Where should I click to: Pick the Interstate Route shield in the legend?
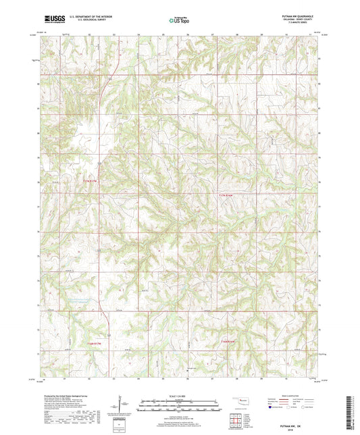[x=271, y=407]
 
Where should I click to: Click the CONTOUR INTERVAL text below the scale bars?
[x=180, y=413]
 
